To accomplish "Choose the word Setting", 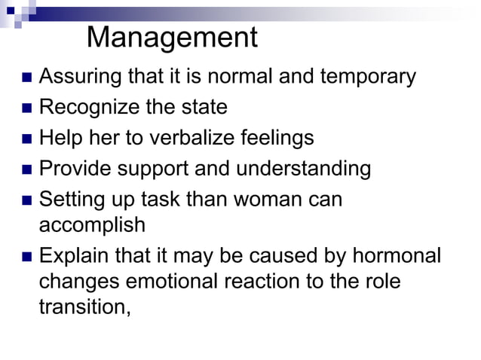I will pyautogui.click(x=67, y=200).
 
